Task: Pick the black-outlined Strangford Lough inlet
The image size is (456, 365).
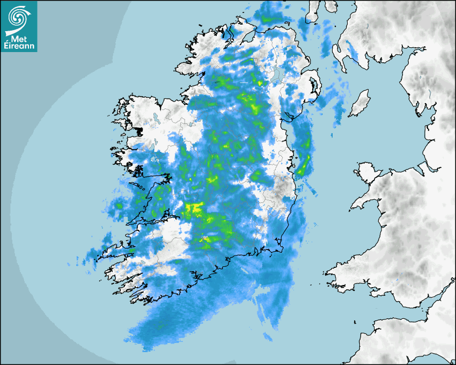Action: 313,86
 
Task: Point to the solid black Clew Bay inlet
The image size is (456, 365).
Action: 139,130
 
